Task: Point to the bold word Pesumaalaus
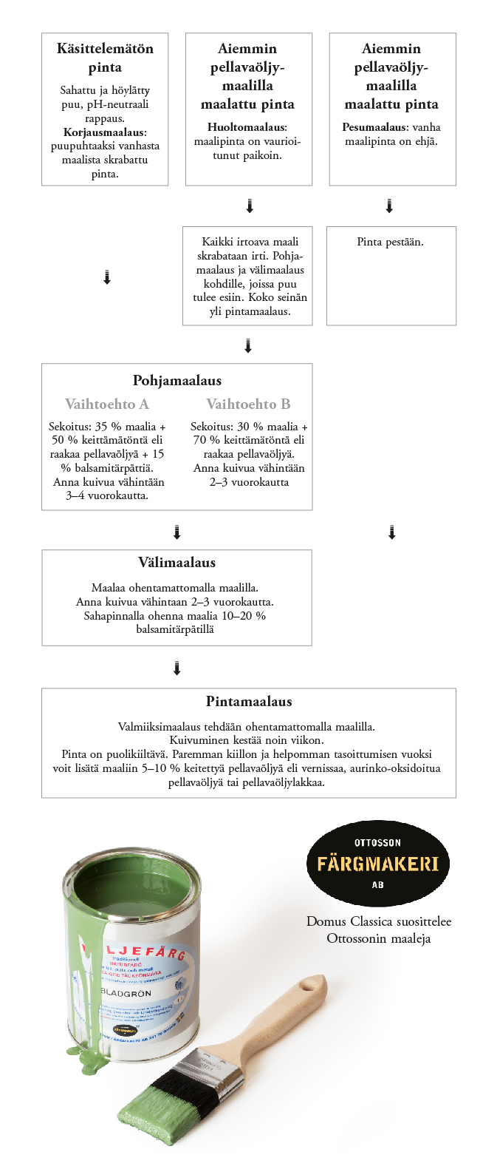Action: (x=374, y=127)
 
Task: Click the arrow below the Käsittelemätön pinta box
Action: (x=106, y=278)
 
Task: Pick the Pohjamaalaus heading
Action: (x=176, y=381)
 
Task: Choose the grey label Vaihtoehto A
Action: (x=106, y=404)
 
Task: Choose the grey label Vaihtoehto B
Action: (x=248, y=404)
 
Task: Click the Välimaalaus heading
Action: (x=176, y=562)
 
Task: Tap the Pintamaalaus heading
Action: (x=248, y=701)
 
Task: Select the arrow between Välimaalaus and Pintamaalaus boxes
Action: (x=176, y=668)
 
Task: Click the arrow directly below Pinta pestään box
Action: (x=391, y=532)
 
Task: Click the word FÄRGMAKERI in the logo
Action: (x=377, y=864)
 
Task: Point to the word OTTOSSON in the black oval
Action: (x=377, y=842)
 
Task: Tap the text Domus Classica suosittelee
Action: (x=378, y=922)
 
